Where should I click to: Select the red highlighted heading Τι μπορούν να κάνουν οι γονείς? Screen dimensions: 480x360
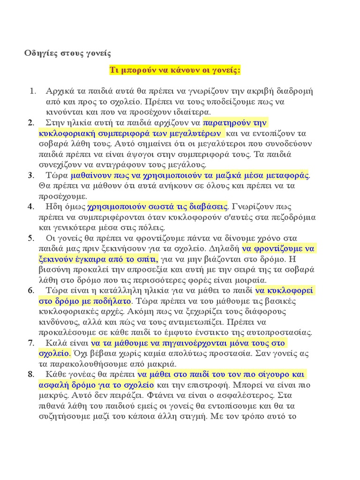174,70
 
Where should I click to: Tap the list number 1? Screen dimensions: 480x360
32,90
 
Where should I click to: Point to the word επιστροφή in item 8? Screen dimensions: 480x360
206,385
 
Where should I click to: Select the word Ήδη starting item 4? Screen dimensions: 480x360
55,206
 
